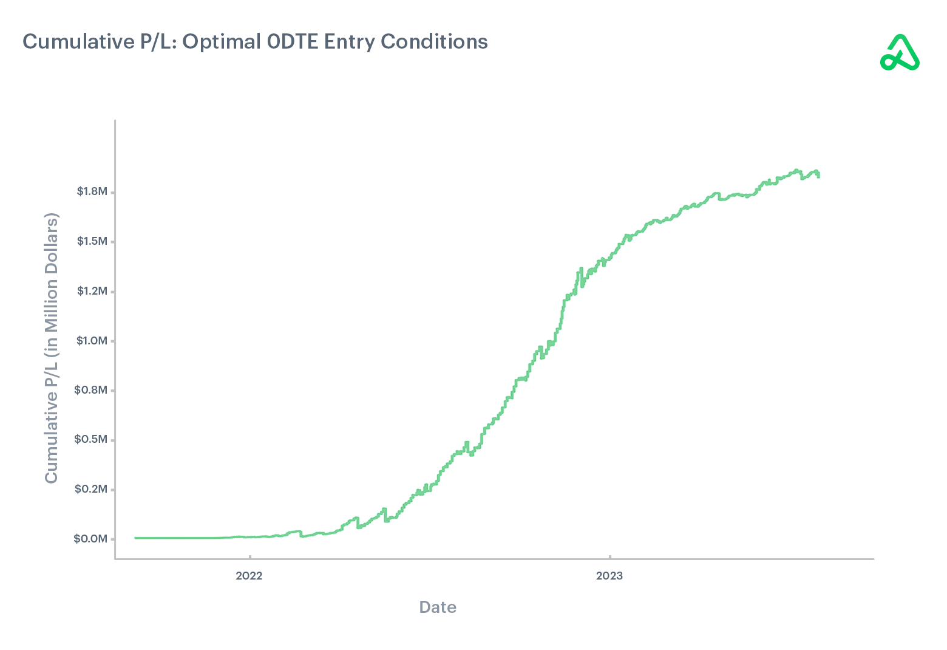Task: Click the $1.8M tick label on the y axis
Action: pyautogui.click(x=92, y=192)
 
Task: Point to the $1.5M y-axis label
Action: pyautogui.click(x=92, y=241)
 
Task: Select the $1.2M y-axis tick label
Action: pyautogui.click(x=92, y=291)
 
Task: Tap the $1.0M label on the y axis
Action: pyautogui.click(x=92, y=341)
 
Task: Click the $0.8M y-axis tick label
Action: pyautogui.click(x=91, y=390)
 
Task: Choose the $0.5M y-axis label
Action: pyautogui.click(x=91, y=439)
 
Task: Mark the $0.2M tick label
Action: pyautogui.click(x=91, y=489)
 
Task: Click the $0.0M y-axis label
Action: pyautogui.click(x=90, y=539)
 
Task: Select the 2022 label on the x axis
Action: pyautogui.click(x=249, y=576)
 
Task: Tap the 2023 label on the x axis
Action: pyautogui.click(x=609, y=576)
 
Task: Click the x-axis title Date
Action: pyautogui.click(x=438, y=607)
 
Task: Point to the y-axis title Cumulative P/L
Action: pyautogui.click(x=51, y=348)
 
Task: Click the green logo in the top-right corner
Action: pyautogui.click(x=900, y=53)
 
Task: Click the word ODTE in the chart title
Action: pyautogui.click(x=293, y=42)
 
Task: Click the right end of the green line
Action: pyautogui.click(x=818, y=176)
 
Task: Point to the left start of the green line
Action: pyautogui.click(x=135, y=538)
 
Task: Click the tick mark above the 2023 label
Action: pyautogui.click(x=610, y=556)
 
